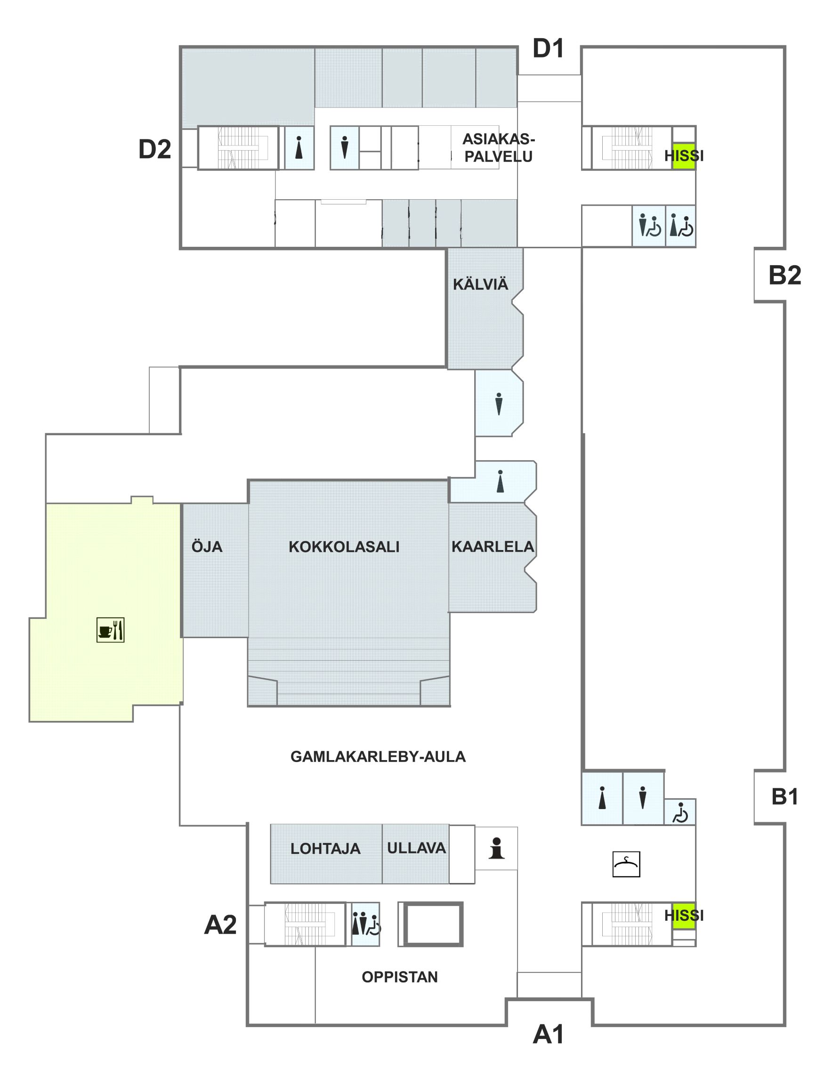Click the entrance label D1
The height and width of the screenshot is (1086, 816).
click(548, 48)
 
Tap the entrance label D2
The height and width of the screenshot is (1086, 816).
click(154, 149)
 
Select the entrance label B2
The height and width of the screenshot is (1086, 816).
click(784, 275)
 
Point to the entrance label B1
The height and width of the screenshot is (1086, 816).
click(784, 796)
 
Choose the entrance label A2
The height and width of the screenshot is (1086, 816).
click(220, 924)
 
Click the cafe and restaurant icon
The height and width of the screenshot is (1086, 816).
click(111, 630)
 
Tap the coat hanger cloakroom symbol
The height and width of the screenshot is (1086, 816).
click(626, 864)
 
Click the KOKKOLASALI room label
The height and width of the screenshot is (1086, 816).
click(344, 547)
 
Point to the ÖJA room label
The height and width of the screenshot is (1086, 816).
click(207, 546)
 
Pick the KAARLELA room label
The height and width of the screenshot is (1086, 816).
click(492, 546)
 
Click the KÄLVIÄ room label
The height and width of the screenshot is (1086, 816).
click(480, 284)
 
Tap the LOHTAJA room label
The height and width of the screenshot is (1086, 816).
click(325, 848)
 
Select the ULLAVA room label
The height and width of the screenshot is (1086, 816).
click(416, 848)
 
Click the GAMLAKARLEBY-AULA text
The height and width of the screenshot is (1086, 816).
click(378, 756)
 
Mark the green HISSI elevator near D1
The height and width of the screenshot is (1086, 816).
click(683, 156)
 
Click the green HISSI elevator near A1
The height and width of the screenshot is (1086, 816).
click(683, 915)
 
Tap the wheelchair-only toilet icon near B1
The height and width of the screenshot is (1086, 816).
click(680, 812)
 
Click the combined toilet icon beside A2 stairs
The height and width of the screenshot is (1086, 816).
click(365, 924)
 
